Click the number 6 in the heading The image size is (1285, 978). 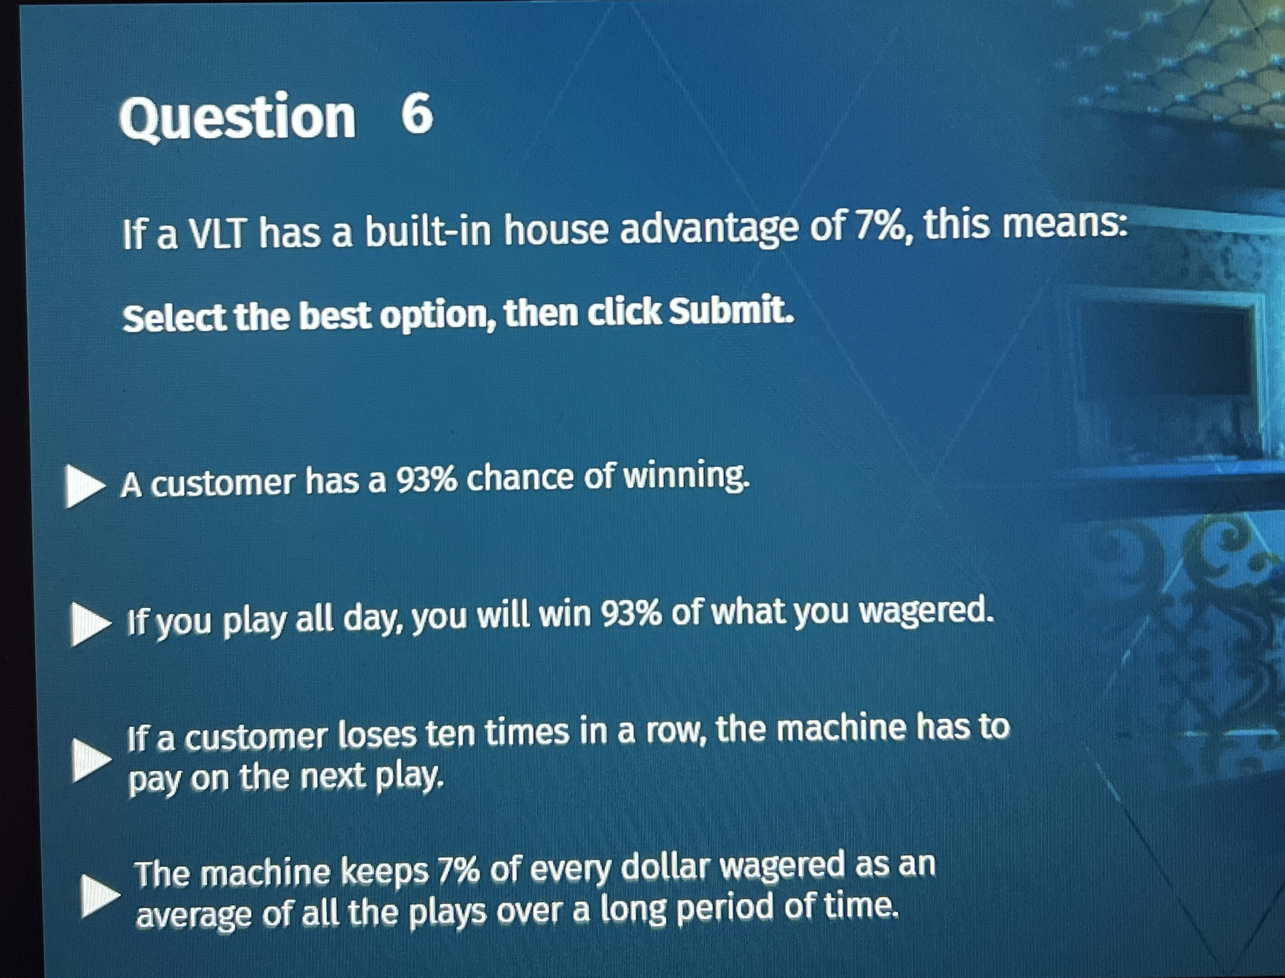coord(417,115)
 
